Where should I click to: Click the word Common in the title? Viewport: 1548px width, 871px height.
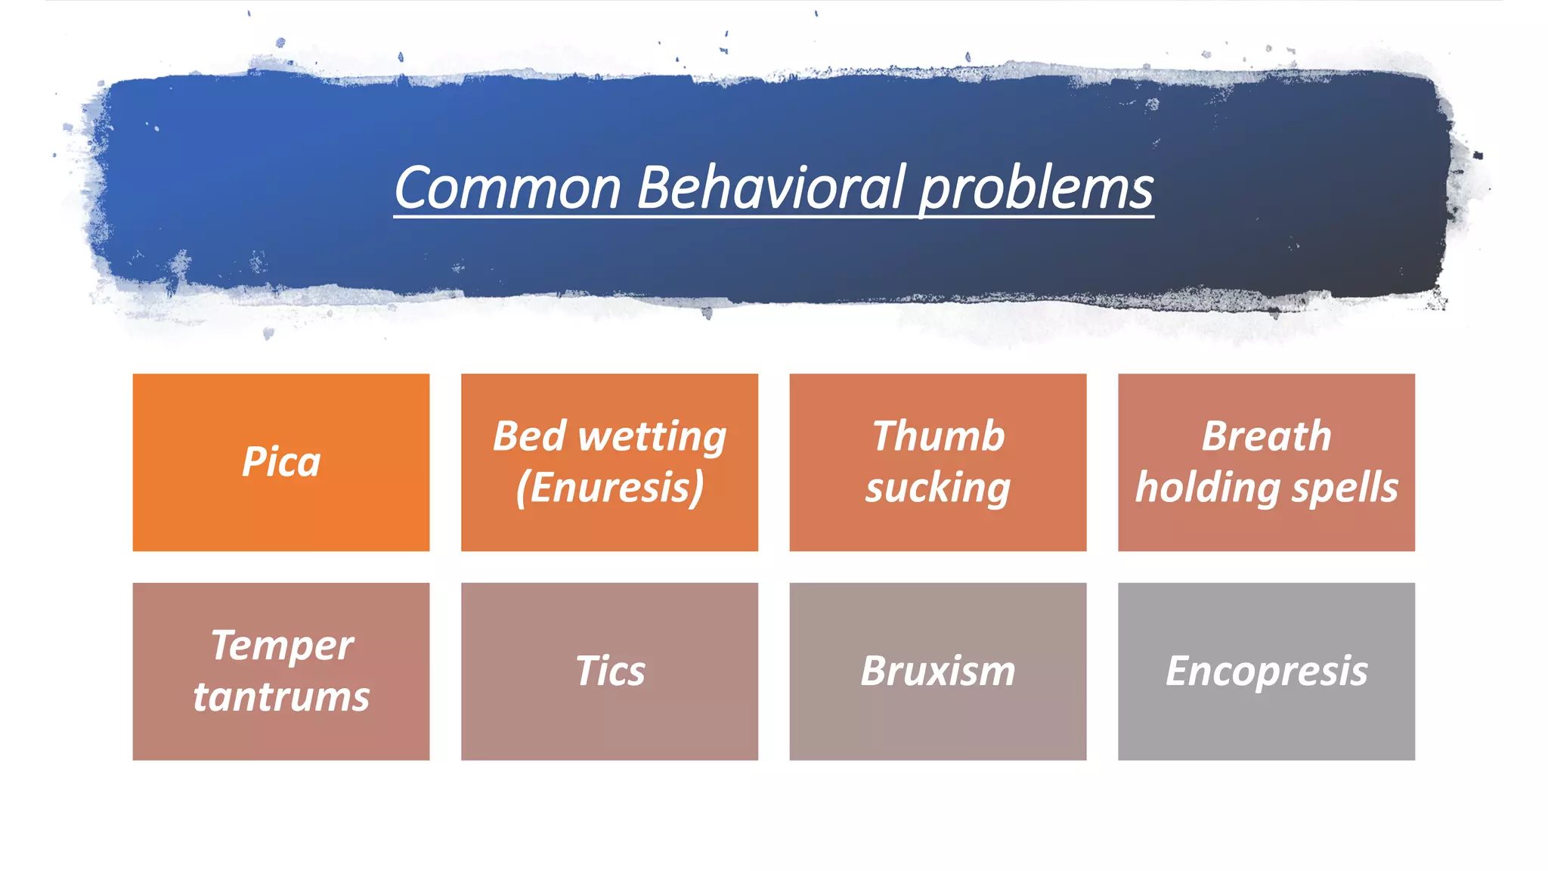[507, 188]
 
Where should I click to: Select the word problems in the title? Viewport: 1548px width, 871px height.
[1036, 189]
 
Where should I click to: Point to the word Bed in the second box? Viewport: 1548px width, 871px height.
[529, 436]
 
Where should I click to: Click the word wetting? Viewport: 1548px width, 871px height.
[652, 438]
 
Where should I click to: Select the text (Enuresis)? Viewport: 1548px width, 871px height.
[609, 488]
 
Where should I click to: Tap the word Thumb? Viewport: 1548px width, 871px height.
[938, 436]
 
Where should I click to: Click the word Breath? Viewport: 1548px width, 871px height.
[1266, 436]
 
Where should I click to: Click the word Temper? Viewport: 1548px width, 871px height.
[281, 646]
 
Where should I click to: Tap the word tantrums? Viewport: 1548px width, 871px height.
[281, 696]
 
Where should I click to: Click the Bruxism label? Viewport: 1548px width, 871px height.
[938, 671]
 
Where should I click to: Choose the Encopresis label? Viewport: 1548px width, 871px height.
[1266, 671]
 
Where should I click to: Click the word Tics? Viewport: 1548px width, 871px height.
[610, 671]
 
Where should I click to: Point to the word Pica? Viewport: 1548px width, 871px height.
[281, 462]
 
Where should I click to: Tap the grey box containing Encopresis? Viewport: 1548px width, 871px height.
[1266, 726]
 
